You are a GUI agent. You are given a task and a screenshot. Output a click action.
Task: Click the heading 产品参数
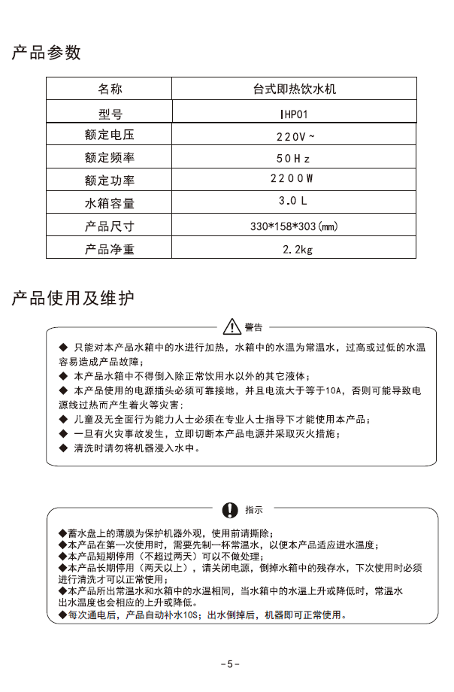tap(46, 53)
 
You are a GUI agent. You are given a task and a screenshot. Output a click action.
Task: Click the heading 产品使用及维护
tap(73, 299)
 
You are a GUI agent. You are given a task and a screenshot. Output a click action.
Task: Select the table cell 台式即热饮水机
tap(295, 90)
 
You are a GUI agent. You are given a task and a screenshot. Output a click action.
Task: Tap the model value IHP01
tap(294, 114)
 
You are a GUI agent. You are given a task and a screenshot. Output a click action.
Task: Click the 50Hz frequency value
tap(293, 159)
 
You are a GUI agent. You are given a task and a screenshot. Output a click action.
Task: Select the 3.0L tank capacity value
tap(293, 202)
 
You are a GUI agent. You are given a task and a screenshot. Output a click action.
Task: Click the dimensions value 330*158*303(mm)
tap(294, 226)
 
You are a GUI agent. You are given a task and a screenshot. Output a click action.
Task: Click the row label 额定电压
tap(110, 137)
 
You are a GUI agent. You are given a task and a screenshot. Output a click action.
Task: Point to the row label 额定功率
tap(110, 181)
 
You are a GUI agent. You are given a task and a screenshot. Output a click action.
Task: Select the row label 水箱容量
tap(110, 203)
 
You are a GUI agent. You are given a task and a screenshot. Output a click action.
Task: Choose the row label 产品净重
tap(110, 249)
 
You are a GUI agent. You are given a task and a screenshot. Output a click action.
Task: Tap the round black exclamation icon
tap(231, 508)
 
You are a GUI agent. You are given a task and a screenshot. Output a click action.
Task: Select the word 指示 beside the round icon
tap(253, 509)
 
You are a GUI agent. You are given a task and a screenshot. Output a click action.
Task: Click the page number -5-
tap(230, 663)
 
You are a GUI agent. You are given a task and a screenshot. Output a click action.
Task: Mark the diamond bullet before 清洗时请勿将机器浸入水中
tap(63, 448)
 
